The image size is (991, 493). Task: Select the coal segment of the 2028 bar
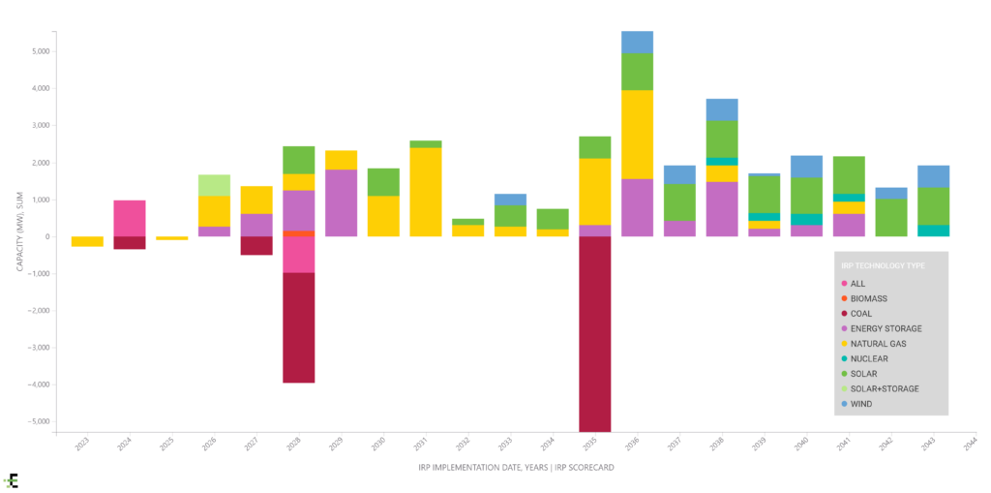[299, 327]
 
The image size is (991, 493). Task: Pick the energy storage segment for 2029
[342, 202]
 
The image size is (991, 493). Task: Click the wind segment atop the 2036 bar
[637, 42]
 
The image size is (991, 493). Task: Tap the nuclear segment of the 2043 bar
[934, 231]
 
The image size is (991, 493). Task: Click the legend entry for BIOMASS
[868, 299]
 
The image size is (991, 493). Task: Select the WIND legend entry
[861, 403]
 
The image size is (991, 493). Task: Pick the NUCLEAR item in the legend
[868, 358]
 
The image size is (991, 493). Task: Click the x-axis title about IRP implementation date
[516, 468]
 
